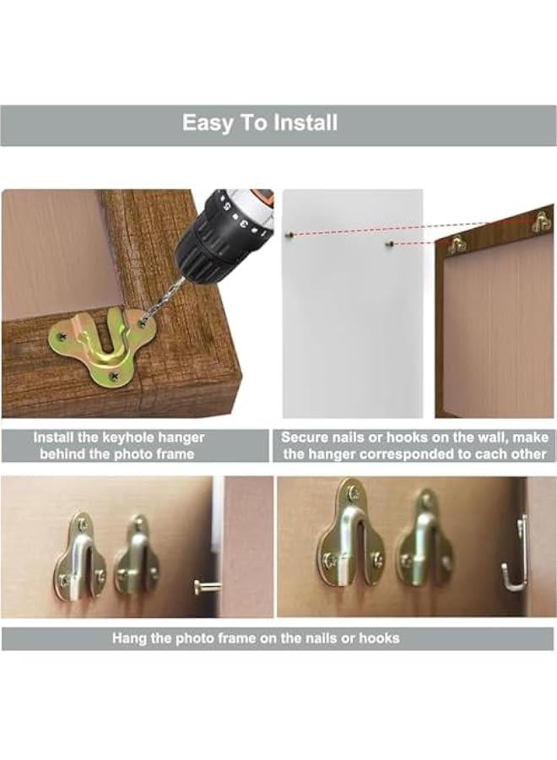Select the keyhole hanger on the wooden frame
(x=95, y=348)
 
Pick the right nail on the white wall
(x=388, y=245)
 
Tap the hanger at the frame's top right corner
(x=541, y=222)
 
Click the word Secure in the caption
(x=306, y=437)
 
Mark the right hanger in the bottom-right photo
(x=426, y=545)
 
